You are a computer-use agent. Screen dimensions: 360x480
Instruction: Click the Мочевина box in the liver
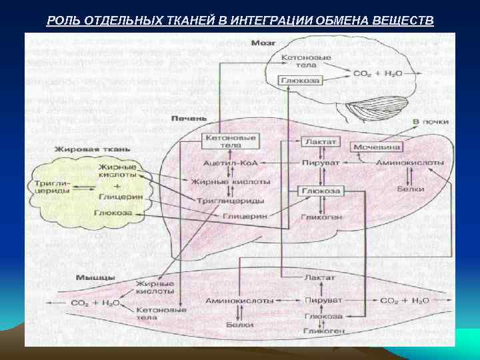point(377,146)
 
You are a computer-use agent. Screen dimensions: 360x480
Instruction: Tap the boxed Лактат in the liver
point(321,142)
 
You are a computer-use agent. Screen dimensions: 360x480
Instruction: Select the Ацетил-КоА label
point(229,163)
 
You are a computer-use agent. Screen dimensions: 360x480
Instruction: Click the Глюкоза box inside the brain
point(301,80)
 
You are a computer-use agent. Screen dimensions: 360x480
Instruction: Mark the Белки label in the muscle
point(239,325)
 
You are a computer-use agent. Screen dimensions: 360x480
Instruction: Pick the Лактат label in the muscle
point(319,277)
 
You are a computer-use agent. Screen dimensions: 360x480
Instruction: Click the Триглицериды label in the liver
point(230,200)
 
